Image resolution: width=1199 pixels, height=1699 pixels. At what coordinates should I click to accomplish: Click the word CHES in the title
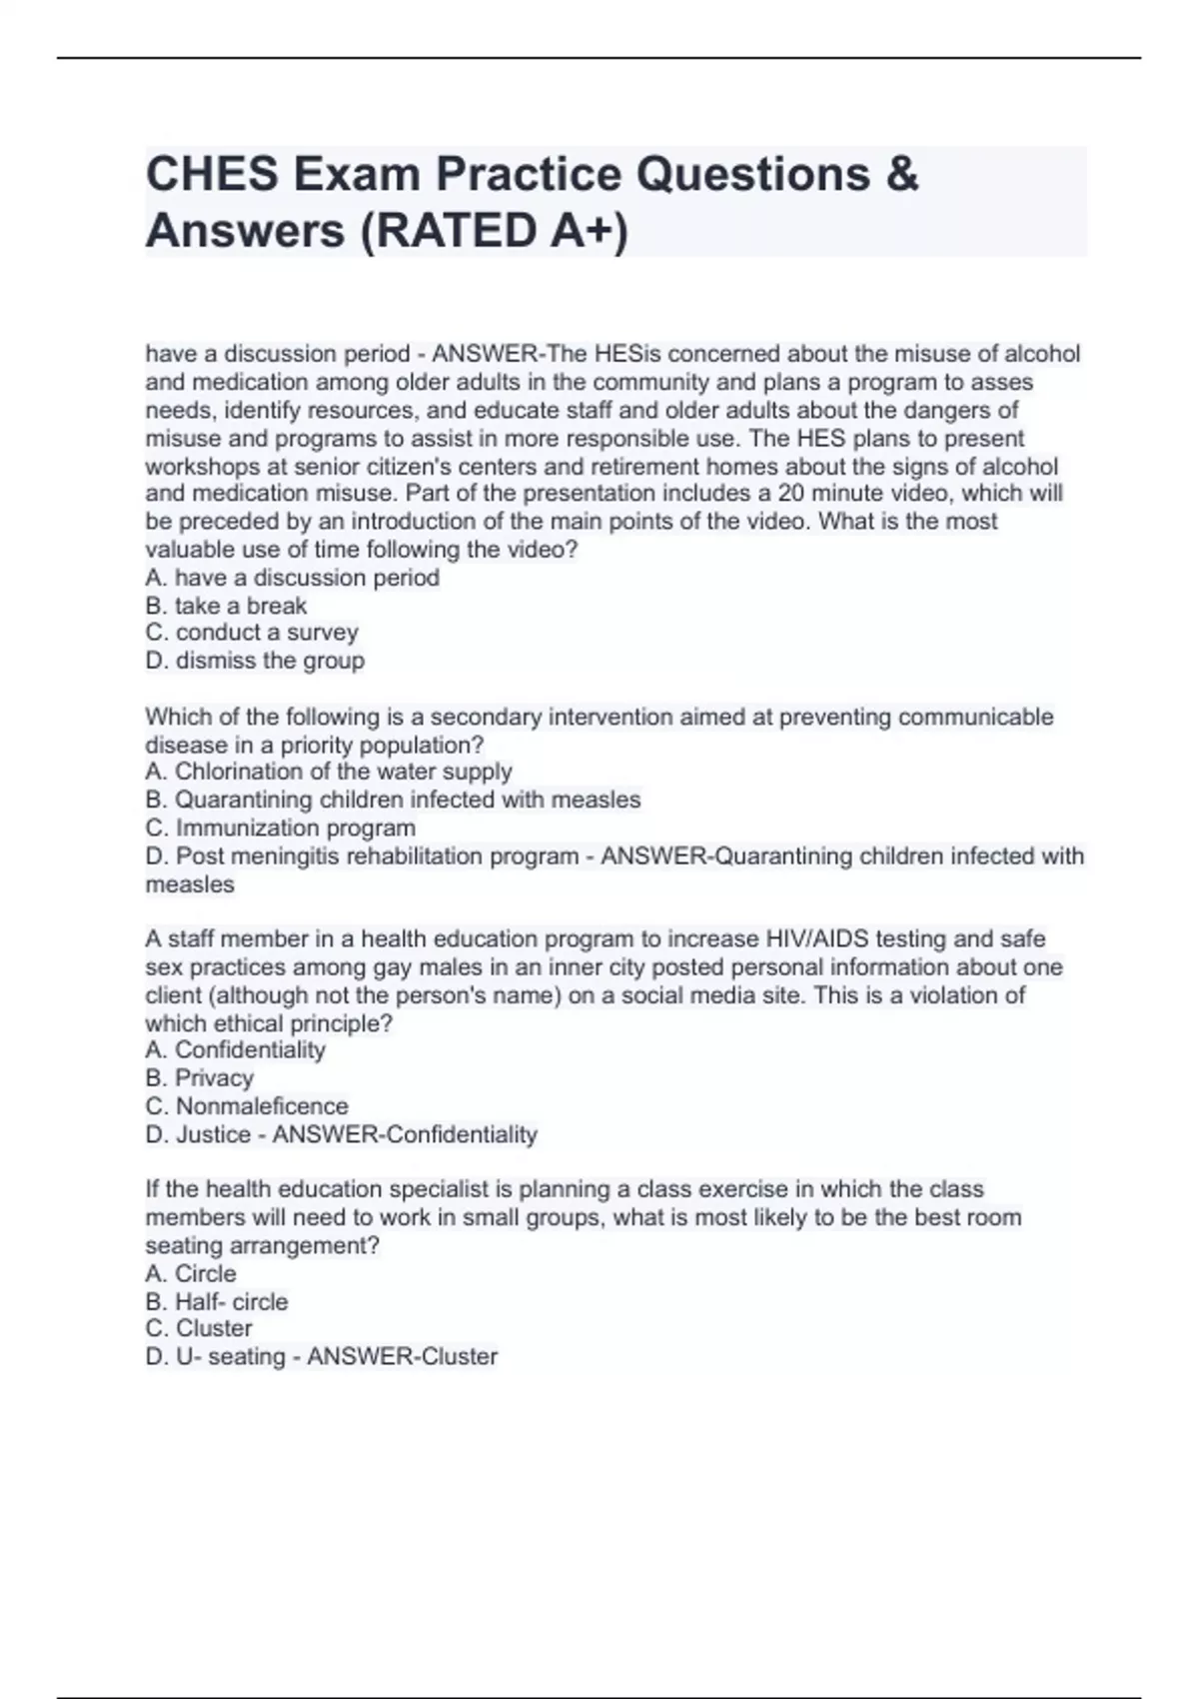[212, 174]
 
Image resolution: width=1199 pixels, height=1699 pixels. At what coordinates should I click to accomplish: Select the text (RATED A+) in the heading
[495, 231]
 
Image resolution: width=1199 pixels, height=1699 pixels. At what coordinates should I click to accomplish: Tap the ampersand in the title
[900, 174]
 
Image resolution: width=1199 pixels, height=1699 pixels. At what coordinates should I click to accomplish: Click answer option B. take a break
[226, 606]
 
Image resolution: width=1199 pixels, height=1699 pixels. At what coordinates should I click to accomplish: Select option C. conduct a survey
[252, 633]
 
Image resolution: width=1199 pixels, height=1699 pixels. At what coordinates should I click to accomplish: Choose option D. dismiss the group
[255, 661]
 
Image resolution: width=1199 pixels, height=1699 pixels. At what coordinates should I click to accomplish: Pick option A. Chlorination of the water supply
[329, 772]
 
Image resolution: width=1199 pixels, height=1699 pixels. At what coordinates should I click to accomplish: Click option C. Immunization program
[281, 828]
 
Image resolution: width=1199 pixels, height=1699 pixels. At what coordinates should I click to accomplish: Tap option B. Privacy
[200, 1077]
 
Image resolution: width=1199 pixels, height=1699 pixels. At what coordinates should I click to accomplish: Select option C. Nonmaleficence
[247, 1106]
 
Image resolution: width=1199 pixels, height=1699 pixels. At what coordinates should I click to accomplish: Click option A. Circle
[191, 1273]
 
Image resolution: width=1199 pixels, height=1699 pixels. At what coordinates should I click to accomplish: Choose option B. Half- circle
[217, 1301]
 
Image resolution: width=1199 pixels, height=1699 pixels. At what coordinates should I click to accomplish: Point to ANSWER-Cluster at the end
[402, 1356]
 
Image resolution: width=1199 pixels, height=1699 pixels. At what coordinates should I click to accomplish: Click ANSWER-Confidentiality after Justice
[405, 1134]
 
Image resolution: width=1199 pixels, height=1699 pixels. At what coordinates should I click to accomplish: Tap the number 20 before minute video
[789, 493]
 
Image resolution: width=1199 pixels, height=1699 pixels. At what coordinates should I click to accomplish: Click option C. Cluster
[199, 1328]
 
